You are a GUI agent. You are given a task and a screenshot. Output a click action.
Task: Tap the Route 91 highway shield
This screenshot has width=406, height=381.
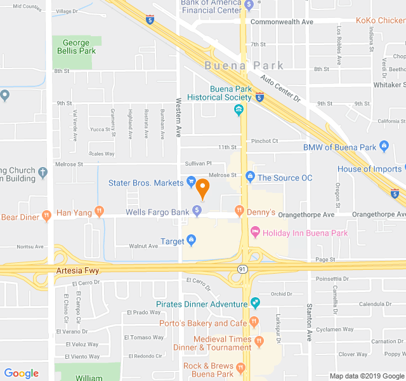[242, 270]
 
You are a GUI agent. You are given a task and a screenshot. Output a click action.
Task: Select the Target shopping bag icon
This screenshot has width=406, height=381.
[191, 241]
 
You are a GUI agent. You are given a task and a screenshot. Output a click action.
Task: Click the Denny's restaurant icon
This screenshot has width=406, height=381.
[239, 211]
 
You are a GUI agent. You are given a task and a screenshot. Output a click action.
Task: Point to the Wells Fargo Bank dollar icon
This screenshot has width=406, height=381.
[197, 211]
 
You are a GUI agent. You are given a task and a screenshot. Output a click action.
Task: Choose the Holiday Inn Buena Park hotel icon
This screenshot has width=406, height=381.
[256, 232]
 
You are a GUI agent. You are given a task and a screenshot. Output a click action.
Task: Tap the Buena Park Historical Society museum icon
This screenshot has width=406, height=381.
[239, 111]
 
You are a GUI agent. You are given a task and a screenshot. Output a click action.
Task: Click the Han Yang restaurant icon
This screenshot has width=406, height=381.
[98, 211]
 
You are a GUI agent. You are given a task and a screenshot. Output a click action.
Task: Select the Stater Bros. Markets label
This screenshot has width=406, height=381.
[146, 183]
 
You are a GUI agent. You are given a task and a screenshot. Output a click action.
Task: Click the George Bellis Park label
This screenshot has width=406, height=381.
[76, 47]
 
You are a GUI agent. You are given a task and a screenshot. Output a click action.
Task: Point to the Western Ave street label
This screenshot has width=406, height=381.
[179, 118]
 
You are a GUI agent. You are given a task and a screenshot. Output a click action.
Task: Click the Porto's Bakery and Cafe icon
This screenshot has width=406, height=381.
[254, 322]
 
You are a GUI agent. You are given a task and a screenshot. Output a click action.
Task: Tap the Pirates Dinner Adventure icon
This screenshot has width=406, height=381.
[255, 304]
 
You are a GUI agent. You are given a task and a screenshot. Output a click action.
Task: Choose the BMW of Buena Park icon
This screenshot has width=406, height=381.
[383, 147]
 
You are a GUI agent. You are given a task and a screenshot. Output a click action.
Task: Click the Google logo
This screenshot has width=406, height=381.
[22, 373]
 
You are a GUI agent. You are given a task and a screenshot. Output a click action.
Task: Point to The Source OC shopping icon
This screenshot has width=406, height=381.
[250, 178]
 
